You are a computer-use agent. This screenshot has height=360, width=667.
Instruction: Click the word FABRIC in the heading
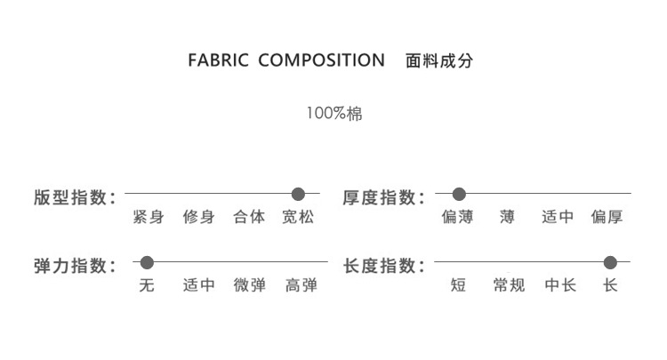pyautogui.click(x=219, y=61)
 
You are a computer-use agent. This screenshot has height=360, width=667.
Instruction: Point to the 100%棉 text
pyautogui.click(x=333, y=115)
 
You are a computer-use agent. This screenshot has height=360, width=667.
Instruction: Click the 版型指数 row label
pyautogui.click(x=74, y=197)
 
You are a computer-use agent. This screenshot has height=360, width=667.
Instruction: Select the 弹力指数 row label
pyautogui.click(x=74, y=266)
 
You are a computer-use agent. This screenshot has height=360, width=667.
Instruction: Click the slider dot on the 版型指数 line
pyautogui.click(x=299, y=194)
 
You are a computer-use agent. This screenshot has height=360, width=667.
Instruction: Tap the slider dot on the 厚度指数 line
pyautogui.click(x=459, y=194)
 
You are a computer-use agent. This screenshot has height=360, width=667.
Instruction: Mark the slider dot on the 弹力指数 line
pyautogui.click(x=148, y=262)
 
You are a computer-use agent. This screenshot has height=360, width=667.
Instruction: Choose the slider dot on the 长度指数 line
pyautogui.click(x=610, y=262)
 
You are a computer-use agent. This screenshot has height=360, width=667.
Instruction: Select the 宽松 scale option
pyautogui.click(x=299, y=217)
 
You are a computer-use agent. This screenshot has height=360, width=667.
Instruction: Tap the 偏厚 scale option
pyautogui.click(x=607, y=217)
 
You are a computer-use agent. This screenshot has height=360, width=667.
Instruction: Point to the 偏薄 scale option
pyautogui.click(x=458, y=217)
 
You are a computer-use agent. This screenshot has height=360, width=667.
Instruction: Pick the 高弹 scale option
pyautogui.click(x=301, y=285)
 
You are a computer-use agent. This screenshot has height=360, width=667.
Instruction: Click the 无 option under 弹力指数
pyautogui.click(x=147, y=285)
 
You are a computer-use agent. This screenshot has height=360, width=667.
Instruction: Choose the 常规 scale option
pyautogui.click(x=509, y=285)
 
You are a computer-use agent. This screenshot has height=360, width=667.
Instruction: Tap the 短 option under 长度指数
pyautogui.click(x=458, y=285)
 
